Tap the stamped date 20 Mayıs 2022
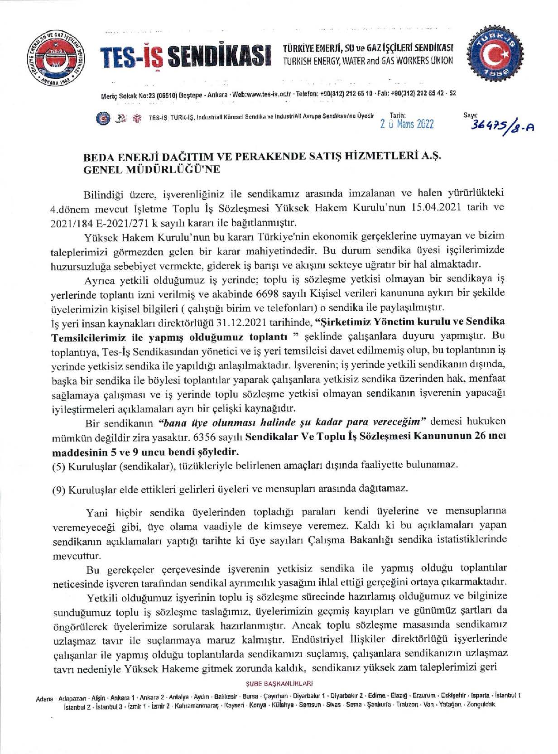point(407,125)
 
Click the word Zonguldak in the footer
point(481,705)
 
